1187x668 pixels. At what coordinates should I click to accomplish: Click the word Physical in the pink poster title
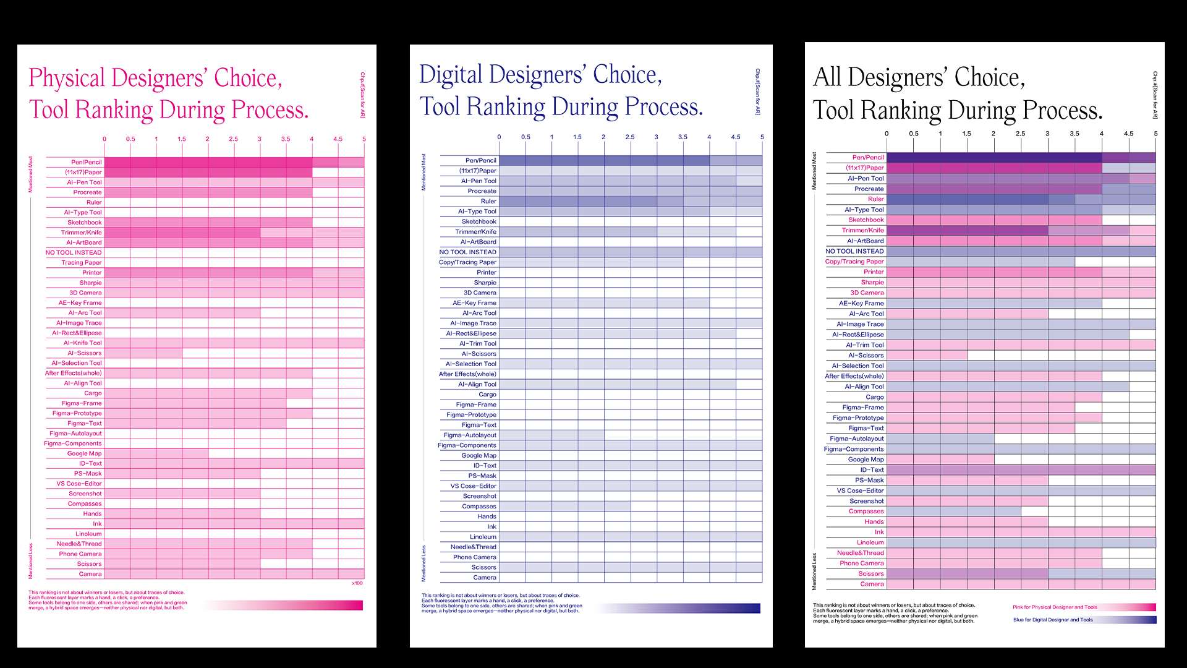click(x=67, y=79)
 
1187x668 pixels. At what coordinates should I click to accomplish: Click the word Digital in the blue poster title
click(x=451, y=75)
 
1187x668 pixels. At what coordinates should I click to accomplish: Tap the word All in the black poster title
click(x=827, y=78)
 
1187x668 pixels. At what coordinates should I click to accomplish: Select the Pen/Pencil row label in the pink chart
click(x=86, y=162)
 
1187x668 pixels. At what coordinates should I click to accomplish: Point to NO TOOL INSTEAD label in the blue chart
click(x=467, y=252)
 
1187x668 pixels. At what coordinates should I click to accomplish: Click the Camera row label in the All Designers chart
click(x=872, y=584)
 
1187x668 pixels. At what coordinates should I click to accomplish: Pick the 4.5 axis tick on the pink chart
click(x=338, y=139)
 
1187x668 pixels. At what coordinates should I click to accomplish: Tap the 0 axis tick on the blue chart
click(x=499, y=137)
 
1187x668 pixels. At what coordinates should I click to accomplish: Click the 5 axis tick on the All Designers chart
click(x=1155, y=134)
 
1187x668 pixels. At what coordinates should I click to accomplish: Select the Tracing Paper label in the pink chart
click(x=81, y=263)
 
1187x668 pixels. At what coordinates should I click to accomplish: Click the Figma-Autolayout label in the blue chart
click(x=470, y=435)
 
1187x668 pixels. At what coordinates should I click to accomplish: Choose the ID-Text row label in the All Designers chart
click(x=872, y=470)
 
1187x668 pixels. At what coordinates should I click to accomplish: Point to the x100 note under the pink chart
click(x=357, y=583)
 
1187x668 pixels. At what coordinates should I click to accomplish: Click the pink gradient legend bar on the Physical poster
click(x=284, y=605)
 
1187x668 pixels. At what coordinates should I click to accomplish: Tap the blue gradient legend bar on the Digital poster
click(x=680, y=609)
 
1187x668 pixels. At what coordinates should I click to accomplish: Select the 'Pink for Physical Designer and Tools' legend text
click(x=1055, y=607)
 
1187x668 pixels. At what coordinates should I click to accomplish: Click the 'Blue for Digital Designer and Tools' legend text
click(x=1053, y=620)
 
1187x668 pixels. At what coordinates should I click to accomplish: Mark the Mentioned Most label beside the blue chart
click(x=423, y=172)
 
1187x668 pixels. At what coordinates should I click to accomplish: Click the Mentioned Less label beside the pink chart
click(x=30, y=561)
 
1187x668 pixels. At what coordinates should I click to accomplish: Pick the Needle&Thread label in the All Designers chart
click(x=860, y=553)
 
